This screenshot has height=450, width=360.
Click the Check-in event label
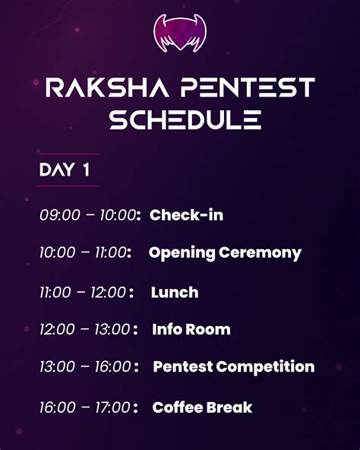pyautogui.click(x=186, y=215)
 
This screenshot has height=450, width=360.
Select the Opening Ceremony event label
pyautogui.click(x=225, y=253)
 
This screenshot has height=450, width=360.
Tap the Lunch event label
pyautogui.click(x=175, y=293)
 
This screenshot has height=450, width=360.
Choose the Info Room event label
pyautogui.click(x=191, y=330)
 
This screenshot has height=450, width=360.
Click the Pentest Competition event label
pyautogui.click(x=233, y=367)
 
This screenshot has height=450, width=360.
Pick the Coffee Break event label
pyautogui.click(x=202, y=408)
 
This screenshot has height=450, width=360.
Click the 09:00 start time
pyautogui.click(x=59, y=216)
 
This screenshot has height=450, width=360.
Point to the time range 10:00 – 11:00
pyautogui.click(x=83, y=253)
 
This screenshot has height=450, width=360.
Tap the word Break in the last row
pyautogui.click(x=229, y=408)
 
